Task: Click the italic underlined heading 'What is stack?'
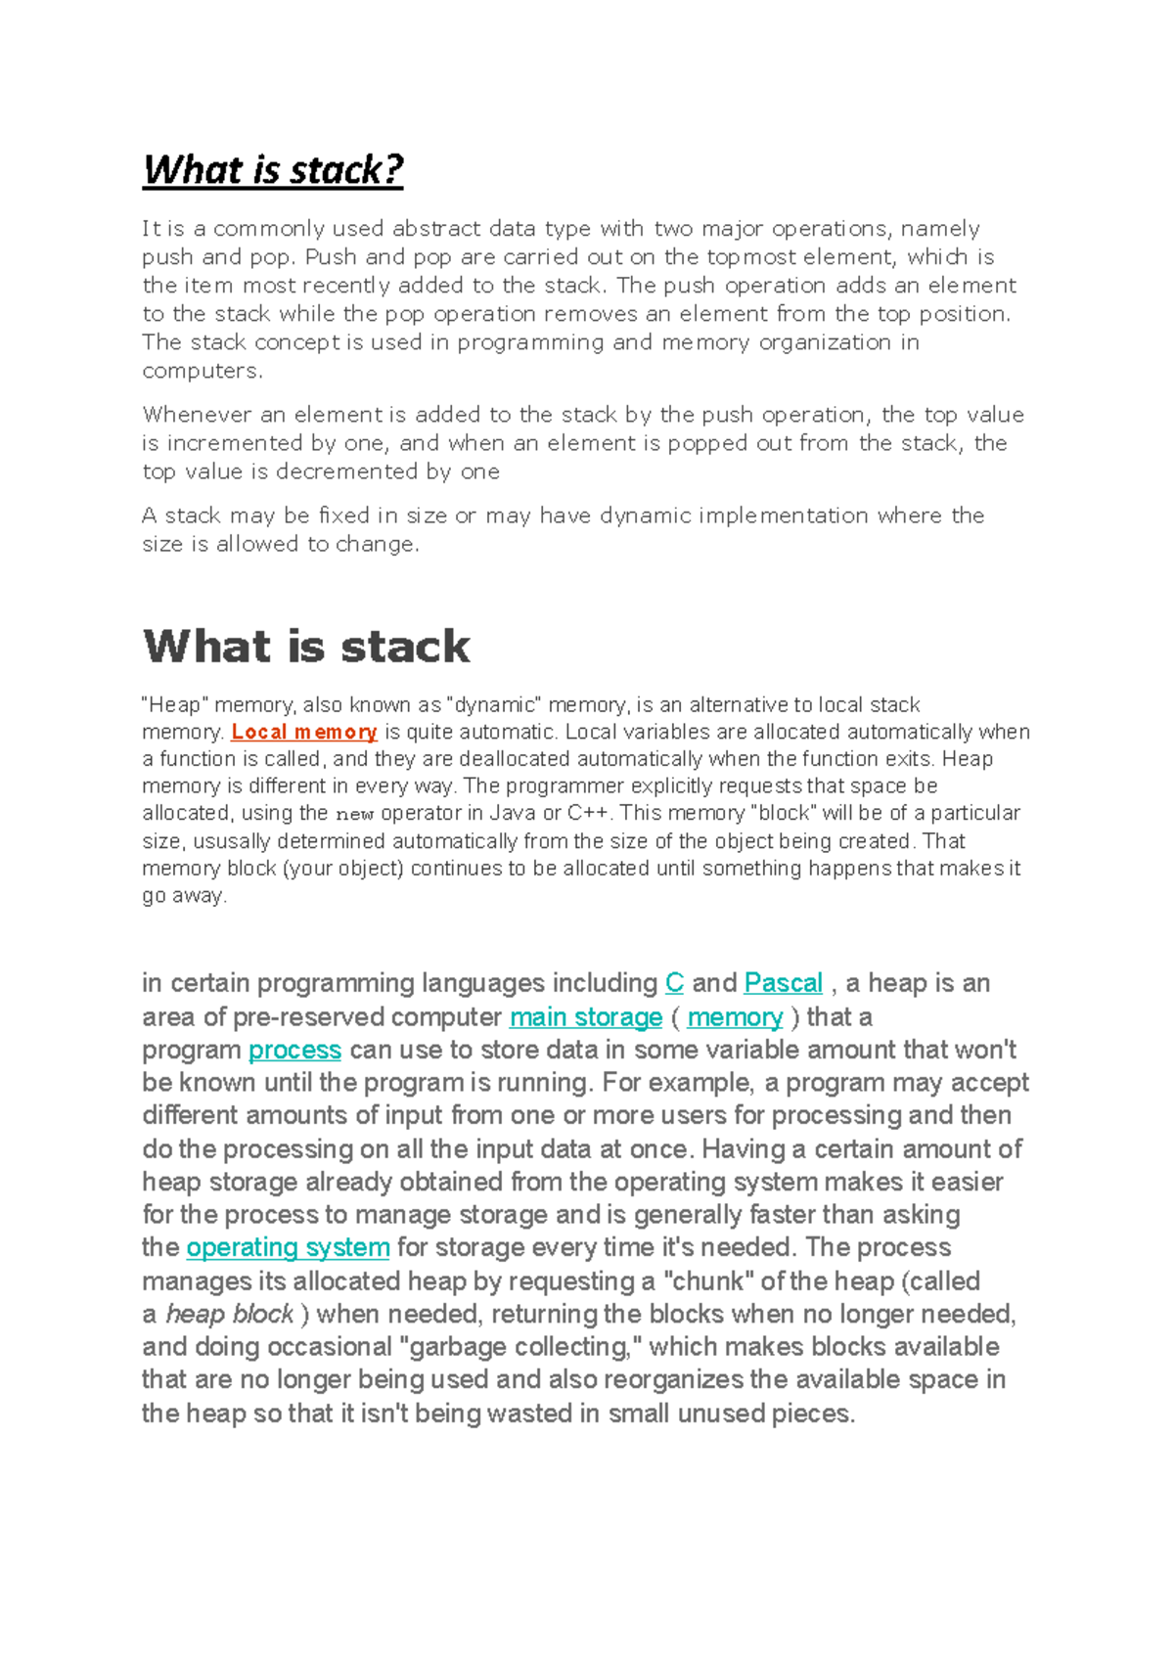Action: coord(273,170)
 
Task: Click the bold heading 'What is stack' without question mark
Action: coord(306,647)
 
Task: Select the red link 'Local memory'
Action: coord(304,732)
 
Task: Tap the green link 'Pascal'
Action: coord(783,983)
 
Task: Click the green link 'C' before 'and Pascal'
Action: coord(674,983)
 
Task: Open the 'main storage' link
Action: coord(586,1017)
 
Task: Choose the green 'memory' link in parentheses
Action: coord(735,1017)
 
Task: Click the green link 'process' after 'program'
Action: coord(294,1050)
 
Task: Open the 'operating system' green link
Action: coord(288,1247)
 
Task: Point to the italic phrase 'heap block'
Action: coord(230,1314)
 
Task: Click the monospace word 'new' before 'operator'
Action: coord(354,814)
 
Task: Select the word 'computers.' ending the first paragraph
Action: coord(203,371)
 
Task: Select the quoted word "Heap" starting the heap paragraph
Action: coord(175,705)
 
